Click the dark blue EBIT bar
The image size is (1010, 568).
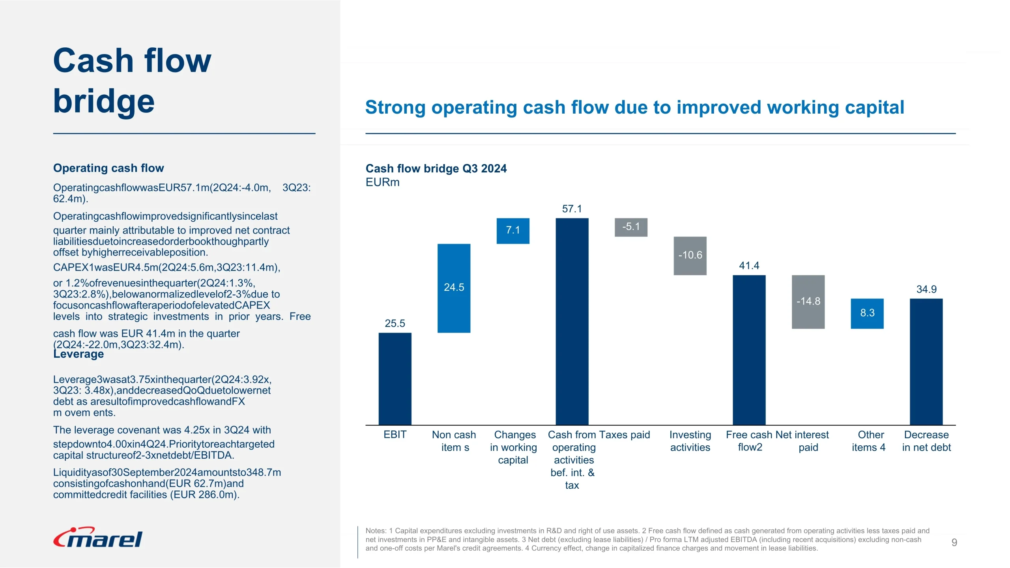coord(395,379)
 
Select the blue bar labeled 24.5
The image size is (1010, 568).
coord(454,288)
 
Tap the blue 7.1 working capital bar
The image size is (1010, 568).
coord(513,231)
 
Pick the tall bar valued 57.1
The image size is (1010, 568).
coord(572,321)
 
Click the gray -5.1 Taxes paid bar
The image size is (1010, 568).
coord(631,227)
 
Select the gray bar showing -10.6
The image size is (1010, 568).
coord(690,256)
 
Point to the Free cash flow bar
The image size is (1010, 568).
coord(749,350)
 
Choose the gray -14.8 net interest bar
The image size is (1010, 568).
coord(808,302)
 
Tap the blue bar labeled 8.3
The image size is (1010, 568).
coord(867,314)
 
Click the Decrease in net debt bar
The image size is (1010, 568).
coord(926,362)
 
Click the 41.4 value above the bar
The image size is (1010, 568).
coord(749,266)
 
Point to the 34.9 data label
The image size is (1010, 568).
coord(926,290)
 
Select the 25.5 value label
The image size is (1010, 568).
coord(395,323)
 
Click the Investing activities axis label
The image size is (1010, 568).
coord(690,441)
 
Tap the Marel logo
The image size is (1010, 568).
coord(98,538)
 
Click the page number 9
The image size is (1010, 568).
coord(954,542)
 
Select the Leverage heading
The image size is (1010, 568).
coord(79,354)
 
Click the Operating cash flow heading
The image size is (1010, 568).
coord(108,168)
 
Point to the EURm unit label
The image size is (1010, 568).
coord(382,182)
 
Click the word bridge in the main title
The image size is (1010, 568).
coord(104,101)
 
